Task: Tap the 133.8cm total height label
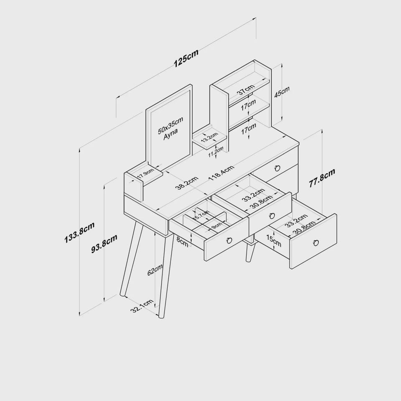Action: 79,232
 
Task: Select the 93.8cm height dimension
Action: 104,244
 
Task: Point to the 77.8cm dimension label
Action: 322,178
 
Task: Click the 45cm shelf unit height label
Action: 282,92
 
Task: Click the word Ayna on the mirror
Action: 170,134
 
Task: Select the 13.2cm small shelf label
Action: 209,137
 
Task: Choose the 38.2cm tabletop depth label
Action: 187,183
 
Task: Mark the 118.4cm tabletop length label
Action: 221,173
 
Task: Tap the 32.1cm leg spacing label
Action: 142,306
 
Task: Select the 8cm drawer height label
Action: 183,242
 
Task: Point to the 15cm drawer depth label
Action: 274,241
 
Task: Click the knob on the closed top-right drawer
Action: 277,168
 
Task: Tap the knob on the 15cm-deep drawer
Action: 316,242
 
